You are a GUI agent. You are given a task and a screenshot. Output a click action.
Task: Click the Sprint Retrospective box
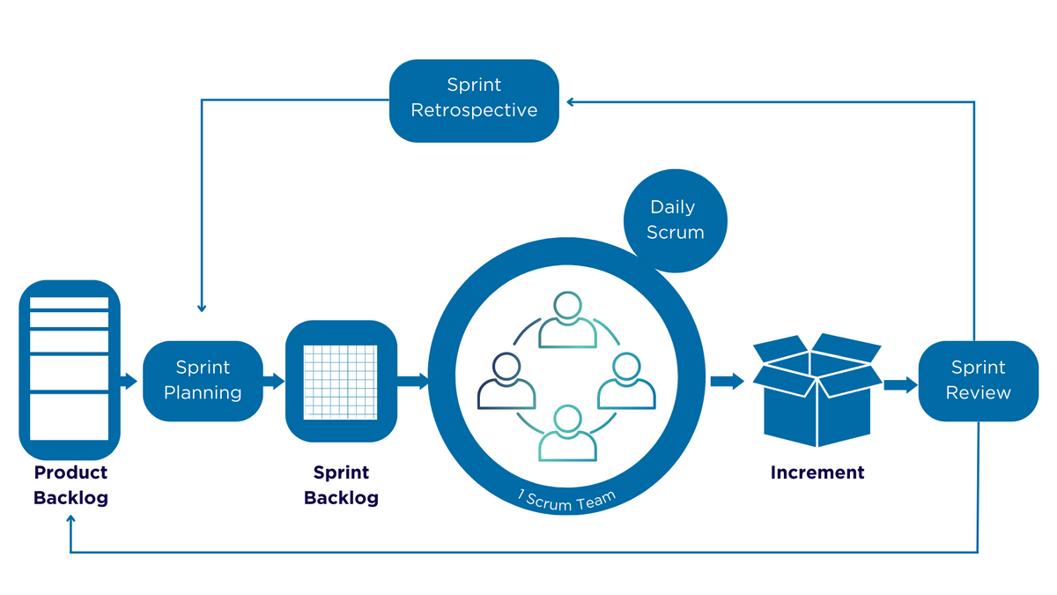pyautogui.click(x=474, y=100)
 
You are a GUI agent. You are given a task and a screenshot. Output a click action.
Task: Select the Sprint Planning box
pyautogui.click(x=203, y=381)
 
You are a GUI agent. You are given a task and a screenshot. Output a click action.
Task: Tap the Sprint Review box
pyautogui.click(x=978, y=381)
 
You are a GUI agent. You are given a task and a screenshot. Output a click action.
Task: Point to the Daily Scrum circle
pyautogui.click(x=676, y=219)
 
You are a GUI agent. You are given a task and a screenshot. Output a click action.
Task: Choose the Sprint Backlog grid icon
pyautogui.click(x=341, y=381)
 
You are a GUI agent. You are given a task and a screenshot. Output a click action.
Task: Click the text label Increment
pyautogui.click(x=817, y=472)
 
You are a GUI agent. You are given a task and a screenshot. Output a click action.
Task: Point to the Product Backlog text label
pyautogui.click(x=70, y=485)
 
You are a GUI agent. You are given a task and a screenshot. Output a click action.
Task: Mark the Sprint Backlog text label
pyautogui.click(x=341, y=485)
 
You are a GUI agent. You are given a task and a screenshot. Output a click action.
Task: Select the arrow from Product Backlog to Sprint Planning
pyautogui.click(x=129, y=381)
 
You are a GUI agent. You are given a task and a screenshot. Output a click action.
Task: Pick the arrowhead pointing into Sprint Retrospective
pyautogui.click(x=570, y=102)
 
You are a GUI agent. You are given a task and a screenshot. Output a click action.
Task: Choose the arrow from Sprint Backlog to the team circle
pyautogui.click(x=412, y=381)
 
